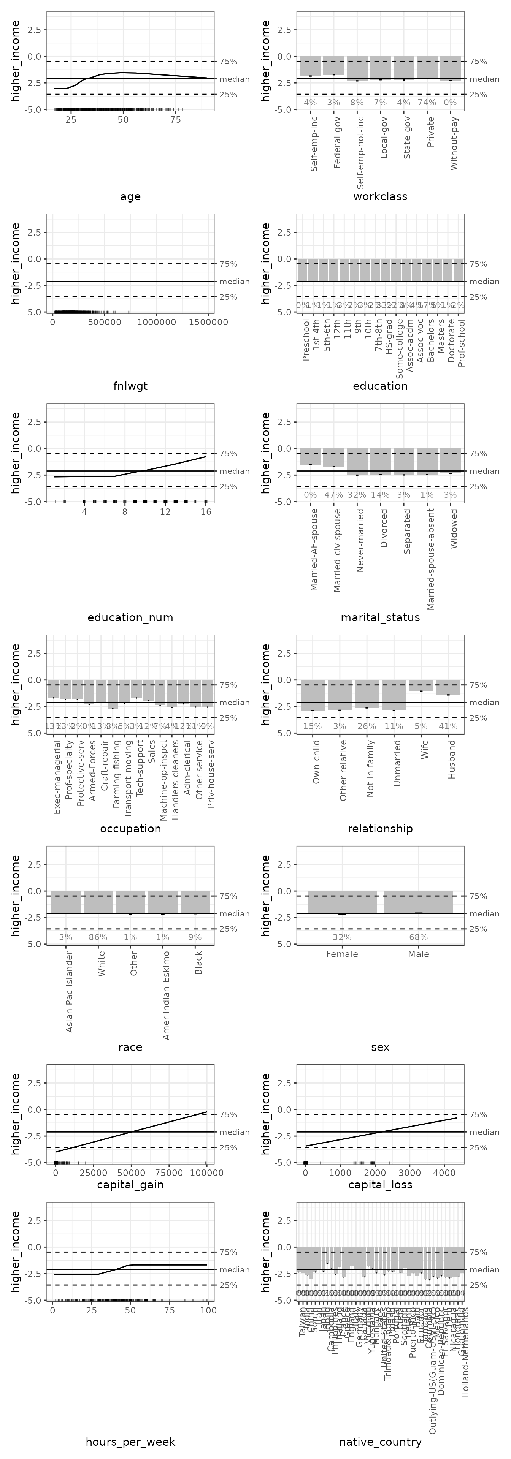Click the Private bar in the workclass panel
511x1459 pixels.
427,67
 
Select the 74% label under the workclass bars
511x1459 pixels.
427,103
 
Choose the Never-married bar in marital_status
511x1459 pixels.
357,461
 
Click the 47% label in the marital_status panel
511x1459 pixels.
334,494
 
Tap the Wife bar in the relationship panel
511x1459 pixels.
421,685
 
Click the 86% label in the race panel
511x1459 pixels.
98,937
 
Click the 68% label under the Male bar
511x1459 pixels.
419,937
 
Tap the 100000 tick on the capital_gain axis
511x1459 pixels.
206,1173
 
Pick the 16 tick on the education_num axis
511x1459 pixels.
206,511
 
